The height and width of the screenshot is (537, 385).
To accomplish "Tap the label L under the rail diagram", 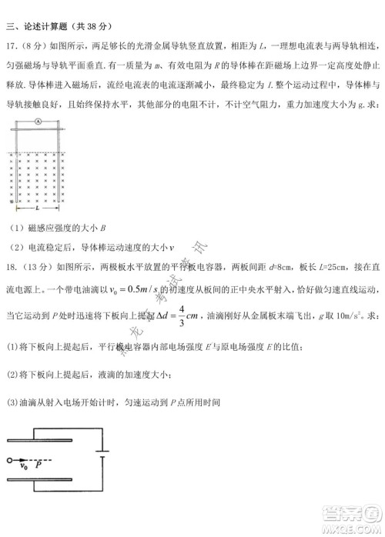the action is [37, 208].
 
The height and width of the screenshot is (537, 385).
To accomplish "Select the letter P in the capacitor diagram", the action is [38, 465].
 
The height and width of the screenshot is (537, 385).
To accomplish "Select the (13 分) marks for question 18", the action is [35, 265].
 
